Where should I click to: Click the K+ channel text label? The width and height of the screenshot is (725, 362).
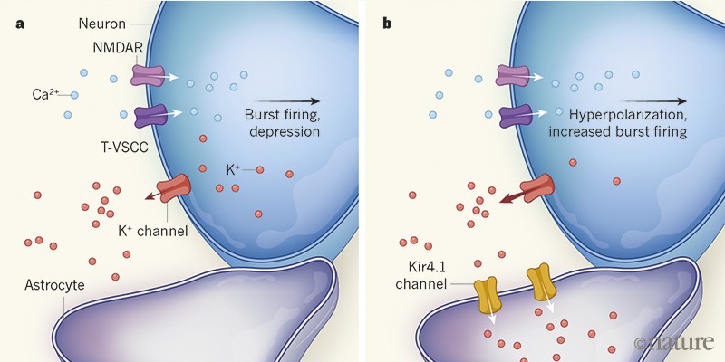(x=152, y=232)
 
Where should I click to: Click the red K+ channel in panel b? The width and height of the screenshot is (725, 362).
(x=536, y=186)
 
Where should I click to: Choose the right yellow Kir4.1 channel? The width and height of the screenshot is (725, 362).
(x=542, y=281)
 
